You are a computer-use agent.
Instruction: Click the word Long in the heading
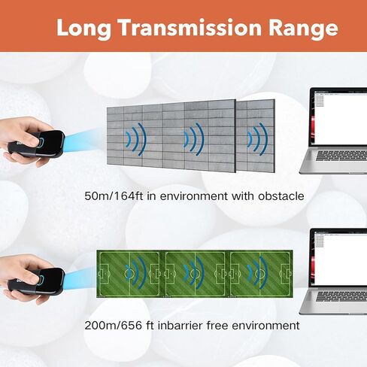click(x=83, y=29)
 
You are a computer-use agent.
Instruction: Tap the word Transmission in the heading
click(x=190, y=27)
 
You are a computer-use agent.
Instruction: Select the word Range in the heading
click(x=303, y=29)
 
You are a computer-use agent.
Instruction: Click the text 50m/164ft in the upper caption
click(x=114, y=196)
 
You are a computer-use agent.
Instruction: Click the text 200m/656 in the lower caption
click(x=114, y=326)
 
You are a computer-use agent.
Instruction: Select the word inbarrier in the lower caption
click(x=180, y=326)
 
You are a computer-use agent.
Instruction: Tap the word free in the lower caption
click(x=217, y=326)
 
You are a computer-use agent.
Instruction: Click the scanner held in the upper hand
click(x=37, y=144)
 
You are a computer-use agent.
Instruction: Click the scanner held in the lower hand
click(x=37, y=281)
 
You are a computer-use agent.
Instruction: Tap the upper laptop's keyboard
click(x=341, y=156)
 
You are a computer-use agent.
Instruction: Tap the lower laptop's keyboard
click(x=341, y=296)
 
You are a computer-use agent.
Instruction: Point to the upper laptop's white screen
click(x=341, y=118)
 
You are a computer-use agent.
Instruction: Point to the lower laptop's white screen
click(x=341, y=259)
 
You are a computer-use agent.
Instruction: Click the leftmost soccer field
click(x=129, y=274)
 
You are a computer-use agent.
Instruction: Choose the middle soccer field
click(x=196, y=274)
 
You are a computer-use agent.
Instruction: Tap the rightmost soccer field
click(x=260, y=274)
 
